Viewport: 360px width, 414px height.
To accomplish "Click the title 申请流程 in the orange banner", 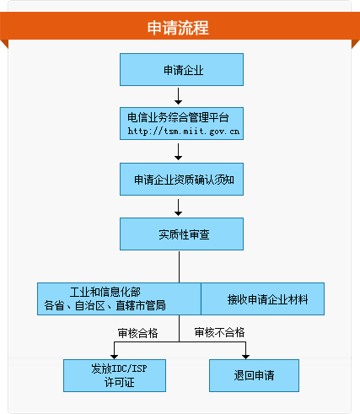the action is click(x=178, y=28).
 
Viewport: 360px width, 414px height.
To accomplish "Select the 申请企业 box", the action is click(x=181, y=69).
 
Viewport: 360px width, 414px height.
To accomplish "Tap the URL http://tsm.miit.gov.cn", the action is click(x=184, y=132).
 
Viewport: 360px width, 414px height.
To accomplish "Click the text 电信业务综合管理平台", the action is click(x=178, y=117).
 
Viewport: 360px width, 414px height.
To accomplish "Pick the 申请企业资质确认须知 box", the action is click(x=181, y=179).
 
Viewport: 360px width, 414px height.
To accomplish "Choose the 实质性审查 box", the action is click(x=181, y=234).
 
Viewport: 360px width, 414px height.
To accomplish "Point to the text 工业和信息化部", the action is click(x=105, y=292).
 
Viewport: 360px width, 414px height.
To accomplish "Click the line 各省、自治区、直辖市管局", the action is click(x=105, y=305).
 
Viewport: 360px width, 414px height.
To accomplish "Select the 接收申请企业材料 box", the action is click(x=263, y=298).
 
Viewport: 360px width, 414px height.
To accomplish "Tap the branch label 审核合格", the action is click(x=137, y=333).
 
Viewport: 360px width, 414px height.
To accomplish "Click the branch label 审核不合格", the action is click(x=219, y=332).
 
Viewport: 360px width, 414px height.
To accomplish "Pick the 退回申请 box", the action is click(x=254, y=375).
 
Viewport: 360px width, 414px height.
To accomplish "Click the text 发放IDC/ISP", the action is click(x=119, y=368).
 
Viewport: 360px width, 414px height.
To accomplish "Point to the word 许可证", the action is click(x=119, y=382).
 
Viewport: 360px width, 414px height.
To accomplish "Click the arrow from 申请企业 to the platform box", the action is click(x=178, y=96).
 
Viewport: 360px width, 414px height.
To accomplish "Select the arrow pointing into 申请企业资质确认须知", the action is click(x=178, y=152).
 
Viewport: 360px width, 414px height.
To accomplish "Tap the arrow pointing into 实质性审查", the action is click(x=178, y=207).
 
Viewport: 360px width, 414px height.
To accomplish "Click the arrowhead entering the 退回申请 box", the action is click(x=246, y=357).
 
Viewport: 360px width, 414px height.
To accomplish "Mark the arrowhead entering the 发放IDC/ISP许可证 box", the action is click(x=114, y=357).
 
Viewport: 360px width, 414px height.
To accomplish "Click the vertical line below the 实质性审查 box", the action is click(x=179, y=266).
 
